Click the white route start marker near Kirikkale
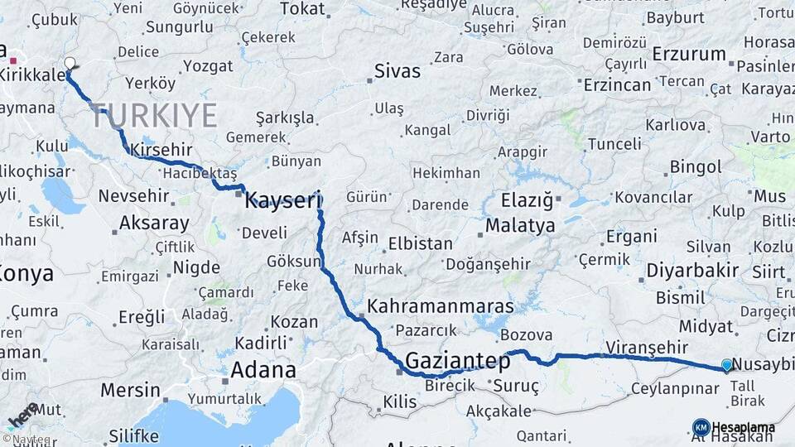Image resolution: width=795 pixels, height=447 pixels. (x=69, y=63)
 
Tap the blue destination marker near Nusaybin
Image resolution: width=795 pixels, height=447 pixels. (x=727, y=365)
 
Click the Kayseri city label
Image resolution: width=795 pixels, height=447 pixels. (x=282, y=199)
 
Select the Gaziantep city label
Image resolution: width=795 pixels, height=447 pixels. (x=457, y=361)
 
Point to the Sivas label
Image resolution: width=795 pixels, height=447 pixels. (x=397, y=71)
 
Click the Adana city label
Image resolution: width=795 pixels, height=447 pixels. (x=263, y=369)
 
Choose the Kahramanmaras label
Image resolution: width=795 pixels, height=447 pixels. (x=440, y=306)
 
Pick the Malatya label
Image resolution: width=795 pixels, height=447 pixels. (x=520, y=225)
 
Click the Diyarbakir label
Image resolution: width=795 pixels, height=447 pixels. (x=692, y=272)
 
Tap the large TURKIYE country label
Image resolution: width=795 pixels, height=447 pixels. (x=154, y=116)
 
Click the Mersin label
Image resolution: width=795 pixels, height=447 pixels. (x=130, y=389)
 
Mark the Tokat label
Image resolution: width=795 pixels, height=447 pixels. (x=302, y=9)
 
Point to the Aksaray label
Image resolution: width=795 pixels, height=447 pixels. (x=154, y=223)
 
